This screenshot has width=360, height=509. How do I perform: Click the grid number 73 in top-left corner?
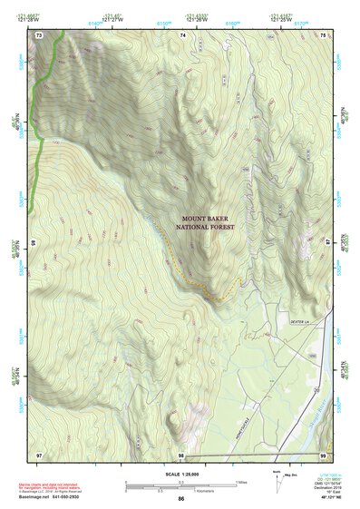[39, 34]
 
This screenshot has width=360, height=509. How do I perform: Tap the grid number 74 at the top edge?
[182, 34]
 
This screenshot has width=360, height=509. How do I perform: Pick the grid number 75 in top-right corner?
[324, 34]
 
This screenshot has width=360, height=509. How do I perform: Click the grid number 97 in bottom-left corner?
[39, 454]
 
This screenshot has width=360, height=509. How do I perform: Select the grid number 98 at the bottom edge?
[181, 455]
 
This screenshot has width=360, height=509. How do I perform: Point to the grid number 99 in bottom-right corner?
[324, 454]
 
